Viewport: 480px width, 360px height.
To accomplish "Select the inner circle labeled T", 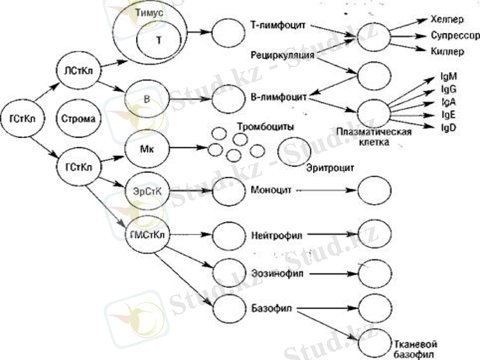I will (158, 40).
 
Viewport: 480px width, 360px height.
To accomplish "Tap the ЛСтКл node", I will (78, 71).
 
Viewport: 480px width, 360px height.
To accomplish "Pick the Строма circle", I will (78, 118).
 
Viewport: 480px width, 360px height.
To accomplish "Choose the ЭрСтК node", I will (147, 190).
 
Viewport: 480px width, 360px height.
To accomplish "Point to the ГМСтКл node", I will (147, 233).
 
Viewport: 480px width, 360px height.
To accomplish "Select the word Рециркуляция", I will (283, 55).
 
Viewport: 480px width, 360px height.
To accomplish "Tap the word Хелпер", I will (448, 20).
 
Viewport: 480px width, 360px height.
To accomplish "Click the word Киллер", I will (447, 52).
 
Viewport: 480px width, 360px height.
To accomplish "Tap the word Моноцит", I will (270, 190).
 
